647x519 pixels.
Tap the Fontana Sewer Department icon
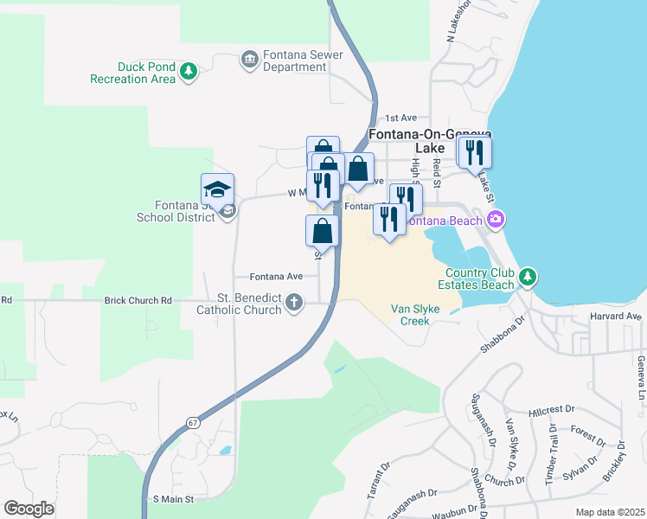tap(250, 59)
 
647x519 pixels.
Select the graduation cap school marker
tap(218, 189)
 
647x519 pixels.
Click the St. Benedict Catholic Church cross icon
tap(295, 303)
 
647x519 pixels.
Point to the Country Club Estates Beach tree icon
tap(527, 278)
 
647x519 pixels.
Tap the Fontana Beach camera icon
tap(495, 219)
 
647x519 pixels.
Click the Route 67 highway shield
tap(192, 421)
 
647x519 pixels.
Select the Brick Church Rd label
tap(138, 300)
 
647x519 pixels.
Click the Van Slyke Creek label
tap(410, 314)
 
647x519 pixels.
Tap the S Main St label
tap(174, 499)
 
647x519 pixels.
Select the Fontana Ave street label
tap(276, 276)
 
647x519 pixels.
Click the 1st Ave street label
tap(401, 118)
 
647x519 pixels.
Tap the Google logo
tap(29, 508)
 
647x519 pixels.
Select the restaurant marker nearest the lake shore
tap(474, 153)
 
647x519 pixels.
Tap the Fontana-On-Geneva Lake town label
tap(430, 141)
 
